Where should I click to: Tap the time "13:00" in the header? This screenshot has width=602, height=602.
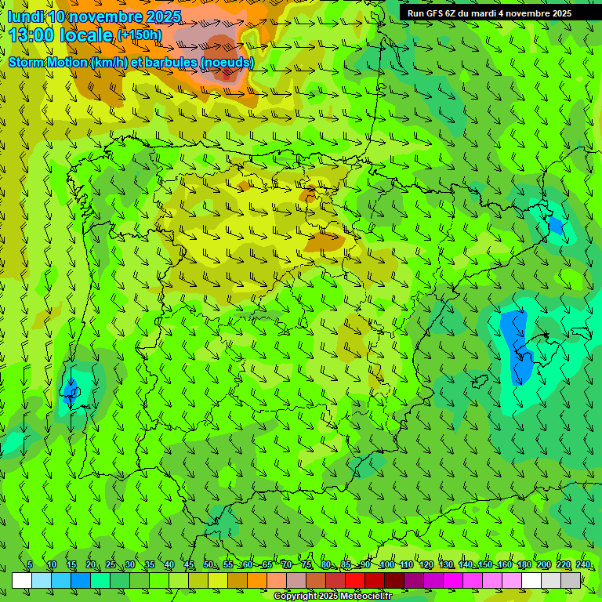click(x=31, y=34)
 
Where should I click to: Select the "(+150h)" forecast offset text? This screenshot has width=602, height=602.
click(x=140, y=35)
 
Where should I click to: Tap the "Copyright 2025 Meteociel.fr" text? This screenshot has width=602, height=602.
click(x=332, y=597)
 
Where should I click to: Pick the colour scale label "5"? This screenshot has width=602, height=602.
click(x=30, y=565)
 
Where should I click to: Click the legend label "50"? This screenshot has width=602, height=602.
click(x=209, y=565)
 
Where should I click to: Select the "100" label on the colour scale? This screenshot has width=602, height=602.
click(x=386, y=565)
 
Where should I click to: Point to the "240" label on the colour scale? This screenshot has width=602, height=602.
click(x=583, y=565)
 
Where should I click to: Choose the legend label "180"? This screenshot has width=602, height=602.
click(x=524, y=565)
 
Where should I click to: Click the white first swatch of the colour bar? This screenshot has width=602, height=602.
click(x=22, y=580)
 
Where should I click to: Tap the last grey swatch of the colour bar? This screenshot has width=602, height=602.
click(x=571, y=580)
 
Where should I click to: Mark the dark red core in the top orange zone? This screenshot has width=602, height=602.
click(x=227, y=74)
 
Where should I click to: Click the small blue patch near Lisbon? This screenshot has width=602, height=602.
click(x=71, y=390)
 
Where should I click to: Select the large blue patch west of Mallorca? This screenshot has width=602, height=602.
click(x=516, y=345)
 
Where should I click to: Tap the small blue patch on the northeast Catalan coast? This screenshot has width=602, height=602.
click(x=556, y=226)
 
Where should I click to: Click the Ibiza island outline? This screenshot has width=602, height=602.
click(x=479, y=382)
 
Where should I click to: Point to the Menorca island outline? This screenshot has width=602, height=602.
click(x=582, y=332)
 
